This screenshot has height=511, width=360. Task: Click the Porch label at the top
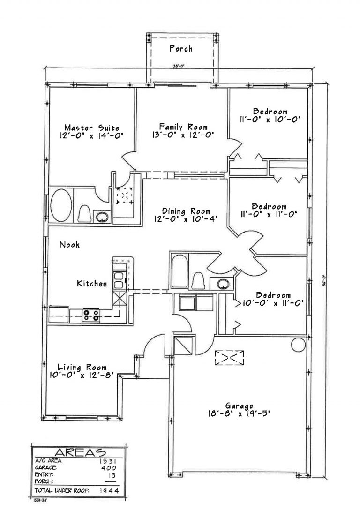coord(181,49)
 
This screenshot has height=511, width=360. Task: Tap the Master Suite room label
coord(92,128)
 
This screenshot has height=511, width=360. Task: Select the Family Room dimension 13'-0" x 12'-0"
coord(183,135)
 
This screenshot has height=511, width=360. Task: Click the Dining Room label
coord(186,211)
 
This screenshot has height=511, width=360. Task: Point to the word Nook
coord(69,244)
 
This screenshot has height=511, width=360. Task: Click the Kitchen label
coord(92,284)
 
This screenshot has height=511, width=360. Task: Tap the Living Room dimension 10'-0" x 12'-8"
coord(82,375)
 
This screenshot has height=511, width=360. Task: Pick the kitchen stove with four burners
coord(91,314)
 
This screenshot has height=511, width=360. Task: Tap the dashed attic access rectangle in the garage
coord(230,358)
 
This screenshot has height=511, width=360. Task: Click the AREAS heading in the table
coord(81,452)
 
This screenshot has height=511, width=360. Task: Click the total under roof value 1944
coord(108,491)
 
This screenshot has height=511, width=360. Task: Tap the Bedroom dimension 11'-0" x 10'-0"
coord(270,120)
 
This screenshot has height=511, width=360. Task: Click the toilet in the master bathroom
coord(85,214)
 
